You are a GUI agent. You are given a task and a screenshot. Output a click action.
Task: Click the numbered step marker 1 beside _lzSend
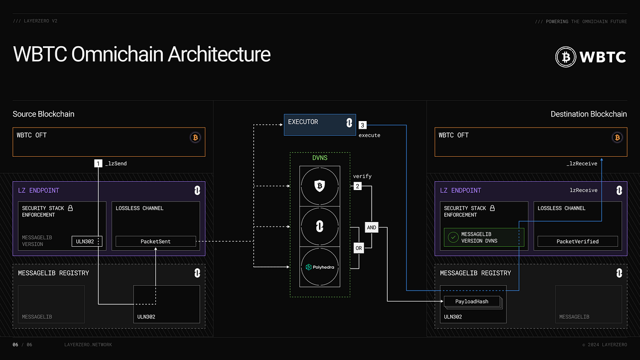pyautogui.click(x=98, y=163)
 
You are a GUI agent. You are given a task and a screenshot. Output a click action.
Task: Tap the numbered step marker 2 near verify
pyautogui.click(x=357, y=186)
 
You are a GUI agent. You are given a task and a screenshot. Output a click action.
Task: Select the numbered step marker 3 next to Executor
pyautogui.click(x=362, y=125)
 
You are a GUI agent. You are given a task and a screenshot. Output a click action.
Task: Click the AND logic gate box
pyautogui.click(x=371, y=228)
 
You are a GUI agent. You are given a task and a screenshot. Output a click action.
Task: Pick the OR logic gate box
pyautogui.click(x=358, y=248)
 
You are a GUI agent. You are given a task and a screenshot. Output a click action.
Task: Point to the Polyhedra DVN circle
pyautogui.click(x=320, y=267)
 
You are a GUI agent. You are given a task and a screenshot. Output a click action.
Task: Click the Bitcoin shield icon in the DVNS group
pyautogui.click(x=320, y=186)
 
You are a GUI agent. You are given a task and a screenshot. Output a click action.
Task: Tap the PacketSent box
pyautogui.click(x=156, y=241)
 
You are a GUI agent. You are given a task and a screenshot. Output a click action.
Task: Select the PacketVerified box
pyautogui.click(x=577, y=241)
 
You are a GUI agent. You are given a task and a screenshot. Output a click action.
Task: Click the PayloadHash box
pyautogui.click(x=472, y=301)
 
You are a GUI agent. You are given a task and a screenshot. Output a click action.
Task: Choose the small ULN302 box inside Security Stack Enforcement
pyautogui.click(x=87, y=241)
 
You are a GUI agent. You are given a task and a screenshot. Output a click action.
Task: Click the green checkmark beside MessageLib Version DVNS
pyautogui.click(x=453, y=237)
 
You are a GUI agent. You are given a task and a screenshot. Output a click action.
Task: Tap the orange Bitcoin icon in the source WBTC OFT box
pyautogui.click(x=196, y=138)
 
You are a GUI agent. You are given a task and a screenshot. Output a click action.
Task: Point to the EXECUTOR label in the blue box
pyautogui.click(x=303, y=122)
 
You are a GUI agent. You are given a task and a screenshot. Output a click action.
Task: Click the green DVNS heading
pyautogui.click(x=320, y=158)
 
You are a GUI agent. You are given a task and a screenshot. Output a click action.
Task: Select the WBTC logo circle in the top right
pyautogui.click(x=565, y=57)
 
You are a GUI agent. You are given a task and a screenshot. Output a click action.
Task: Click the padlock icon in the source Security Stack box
pyautogui.click(x=70, y=208)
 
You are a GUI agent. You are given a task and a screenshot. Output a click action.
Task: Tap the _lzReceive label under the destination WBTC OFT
pyautogui.click(x=581, y=164)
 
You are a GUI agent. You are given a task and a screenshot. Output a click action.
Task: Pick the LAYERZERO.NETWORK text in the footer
pyautogui.click(x=88, y=344)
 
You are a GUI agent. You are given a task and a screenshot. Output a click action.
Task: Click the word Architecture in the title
pyautogui.click(x=219, y=54)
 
